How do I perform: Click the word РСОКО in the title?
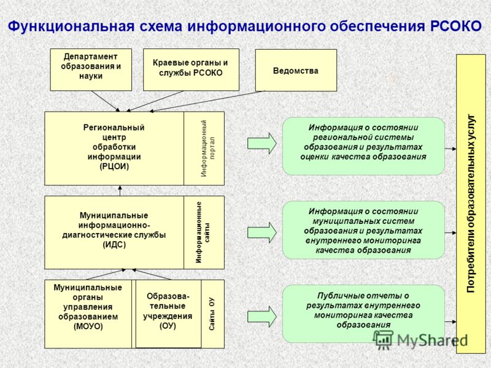[x=456, y=26]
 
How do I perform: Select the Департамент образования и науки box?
[x=91, y=70]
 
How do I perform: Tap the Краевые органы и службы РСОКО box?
[x=191, y=70]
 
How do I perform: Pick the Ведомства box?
[x=296, y=71]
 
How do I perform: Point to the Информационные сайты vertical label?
[x=203, y=232]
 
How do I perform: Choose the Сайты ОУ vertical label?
[x=212, y=314]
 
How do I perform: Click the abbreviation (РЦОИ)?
[x=114, y=166]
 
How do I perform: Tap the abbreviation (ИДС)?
[x=114, y=244]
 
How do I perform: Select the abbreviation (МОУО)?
[x=88, y=326]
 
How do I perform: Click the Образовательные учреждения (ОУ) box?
[x=168, y=314]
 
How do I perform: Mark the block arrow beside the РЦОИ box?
[x=262, y=144]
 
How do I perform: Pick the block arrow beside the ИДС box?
[x=262, y=232]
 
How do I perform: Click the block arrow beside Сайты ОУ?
[x=262, y=316]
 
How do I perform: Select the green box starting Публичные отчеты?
[x=363, y=313]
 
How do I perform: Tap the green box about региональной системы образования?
[x=363, y=146]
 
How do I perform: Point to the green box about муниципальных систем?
[x=363, y=230]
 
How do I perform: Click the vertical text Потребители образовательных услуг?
[x=471, y=204]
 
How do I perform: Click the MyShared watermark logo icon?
[x=383, y=340]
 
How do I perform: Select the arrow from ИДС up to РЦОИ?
[x=120, y=191]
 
